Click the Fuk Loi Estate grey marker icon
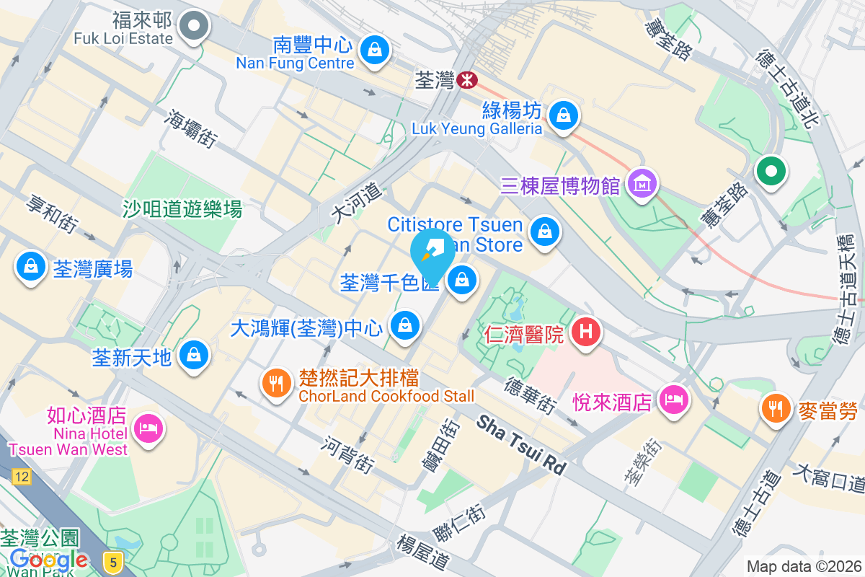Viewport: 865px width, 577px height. point(193,28)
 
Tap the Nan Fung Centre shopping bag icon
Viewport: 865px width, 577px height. point(375,50)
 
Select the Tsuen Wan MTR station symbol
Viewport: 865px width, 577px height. point(466,79)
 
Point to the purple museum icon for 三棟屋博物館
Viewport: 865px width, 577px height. point(642,185)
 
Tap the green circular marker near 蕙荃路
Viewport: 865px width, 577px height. point(771,172)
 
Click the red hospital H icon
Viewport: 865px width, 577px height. point(586,332)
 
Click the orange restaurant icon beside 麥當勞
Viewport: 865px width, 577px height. point(776,410)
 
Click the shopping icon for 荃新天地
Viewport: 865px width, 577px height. point(193,356)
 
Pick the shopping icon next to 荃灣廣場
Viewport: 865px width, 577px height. point(30,267)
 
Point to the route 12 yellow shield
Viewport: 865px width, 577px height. point(22,477)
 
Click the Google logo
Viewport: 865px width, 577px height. point(49,559)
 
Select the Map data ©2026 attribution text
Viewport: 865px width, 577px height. point(803,566)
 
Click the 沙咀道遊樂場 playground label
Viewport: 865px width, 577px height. point(182,210)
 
